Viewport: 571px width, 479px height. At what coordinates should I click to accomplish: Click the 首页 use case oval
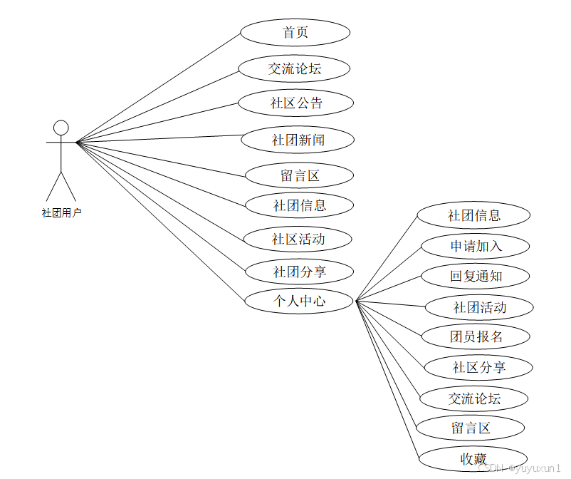tap(295, 33)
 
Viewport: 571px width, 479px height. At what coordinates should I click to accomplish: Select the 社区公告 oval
tap(295, 103)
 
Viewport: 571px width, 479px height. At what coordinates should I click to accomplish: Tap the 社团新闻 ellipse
tap(298, 140)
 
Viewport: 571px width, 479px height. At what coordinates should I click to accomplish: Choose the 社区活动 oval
tap(298, 239)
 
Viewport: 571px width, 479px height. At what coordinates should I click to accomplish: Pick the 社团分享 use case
tap(299, 272)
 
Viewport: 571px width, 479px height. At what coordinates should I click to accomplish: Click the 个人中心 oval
tap(299, 301)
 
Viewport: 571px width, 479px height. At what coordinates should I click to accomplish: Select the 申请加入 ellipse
tap(475, 247)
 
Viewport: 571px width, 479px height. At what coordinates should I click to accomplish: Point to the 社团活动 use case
tap(478, 308)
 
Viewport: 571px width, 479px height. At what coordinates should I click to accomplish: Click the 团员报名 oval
tap(476, 336)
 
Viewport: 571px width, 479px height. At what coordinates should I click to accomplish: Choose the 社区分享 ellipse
tap(478, 368)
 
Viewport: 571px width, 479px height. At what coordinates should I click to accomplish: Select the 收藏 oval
tap(473, 458)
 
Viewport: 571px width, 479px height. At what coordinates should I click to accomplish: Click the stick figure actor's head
tap(61, 128)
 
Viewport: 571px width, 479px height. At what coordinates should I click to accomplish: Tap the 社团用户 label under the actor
tap(61, 212)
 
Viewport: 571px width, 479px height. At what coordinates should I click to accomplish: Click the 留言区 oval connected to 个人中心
tap(470, 428)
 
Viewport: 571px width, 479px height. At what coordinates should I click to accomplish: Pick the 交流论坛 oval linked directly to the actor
tap(294, 69)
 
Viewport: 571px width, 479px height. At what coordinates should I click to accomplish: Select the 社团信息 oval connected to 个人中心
tap(473, 215)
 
